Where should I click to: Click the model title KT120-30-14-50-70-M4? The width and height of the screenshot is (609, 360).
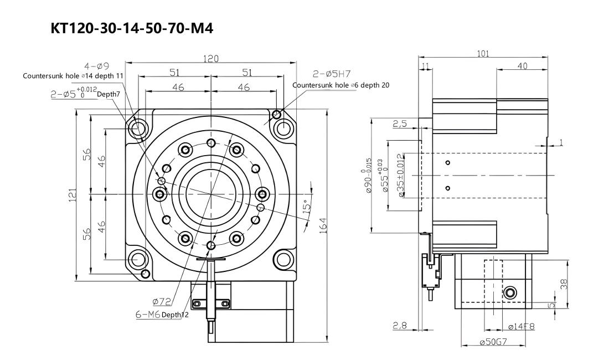[x=132, y=28]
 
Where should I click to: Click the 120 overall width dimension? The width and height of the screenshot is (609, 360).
[x=211, y=59]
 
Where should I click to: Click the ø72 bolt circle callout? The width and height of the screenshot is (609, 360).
[x=162, y=301]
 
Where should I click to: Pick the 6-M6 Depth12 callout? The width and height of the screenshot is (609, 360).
[x=162, y=315]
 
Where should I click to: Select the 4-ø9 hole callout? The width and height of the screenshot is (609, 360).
[x=97, y=66]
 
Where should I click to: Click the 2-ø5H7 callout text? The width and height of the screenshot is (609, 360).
[x=332, y=74]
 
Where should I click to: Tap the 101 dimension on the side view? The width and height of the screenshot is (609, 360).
[x=483, y=54]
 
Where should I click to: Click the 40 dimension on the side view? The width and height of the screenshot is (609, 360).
[x=523, y=66]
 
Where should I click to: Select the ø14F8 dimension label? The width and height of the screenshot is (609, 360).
[x=521, y=327]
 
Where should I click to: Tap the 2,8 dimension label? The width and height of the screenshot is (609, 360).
[x=400, y=326]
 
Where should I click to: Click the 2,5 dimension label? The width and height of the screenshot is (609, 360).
[x=400, y=124]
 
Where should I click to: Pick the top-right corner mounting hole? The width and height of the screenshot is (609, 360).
[x=283, y=128]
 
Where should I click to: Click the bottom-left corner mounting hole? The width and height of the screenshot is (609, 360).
[x=137, y=259]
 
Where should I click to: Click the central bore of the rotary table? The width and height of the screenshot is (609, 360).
[x=210, y=193]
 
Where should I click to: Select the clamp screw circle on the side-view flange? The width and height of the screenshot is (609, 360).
[x=510, y=292]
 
